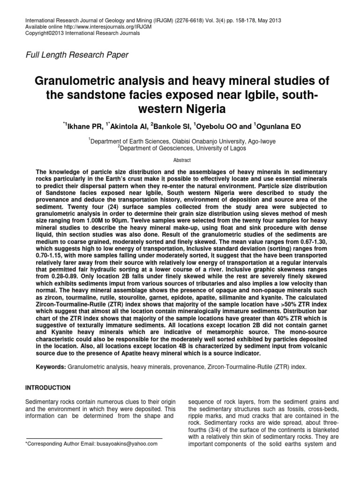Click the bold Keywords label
51,367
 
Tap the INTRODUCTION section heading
53,388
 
